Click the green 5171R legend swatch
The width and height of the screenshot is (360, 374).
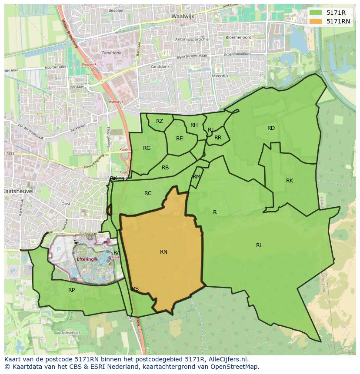[x=316, y=13]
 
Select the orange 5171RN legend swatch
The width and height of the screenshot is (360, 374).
[x=316, y=21]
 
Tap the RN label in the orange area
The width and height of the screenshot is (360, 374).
[x=163, y=252]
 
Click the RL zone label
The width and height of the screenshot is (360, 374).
[x=259, y=245]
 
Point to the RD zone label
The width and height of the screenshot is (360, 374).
[x=271, y=128]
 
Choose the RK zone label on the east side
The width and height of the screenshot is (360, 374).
[x=290, y=181]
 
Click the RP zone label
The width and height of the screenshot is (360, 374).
[x=71, y=290]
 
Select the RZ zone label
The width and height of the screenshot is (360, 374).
[x=160, y=121]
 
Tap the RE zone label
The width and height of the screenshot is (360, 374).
[x=179, y=139]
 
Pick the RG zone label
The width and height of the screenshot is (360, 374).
[x=147, y=148]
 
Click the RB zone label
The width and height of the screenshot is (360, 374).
[x=165, y=168]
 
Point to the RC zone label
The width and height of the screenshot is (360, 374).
[x=148, y=193]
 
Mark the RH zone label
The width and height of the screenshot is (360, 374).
[x=194, y=125]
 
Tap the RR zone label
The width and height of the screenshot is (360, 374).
[x=218, y=138]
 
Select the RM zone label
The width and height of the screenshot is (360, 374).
[x=197, y=177]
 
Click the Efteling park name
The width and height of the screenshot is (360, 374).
[x=85, y=259]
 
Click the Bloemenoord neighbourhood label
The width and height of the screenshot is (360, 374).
[x=238, y=37]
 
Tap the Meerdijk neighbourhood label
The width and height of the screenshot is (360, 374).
[x=220, y=76]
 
